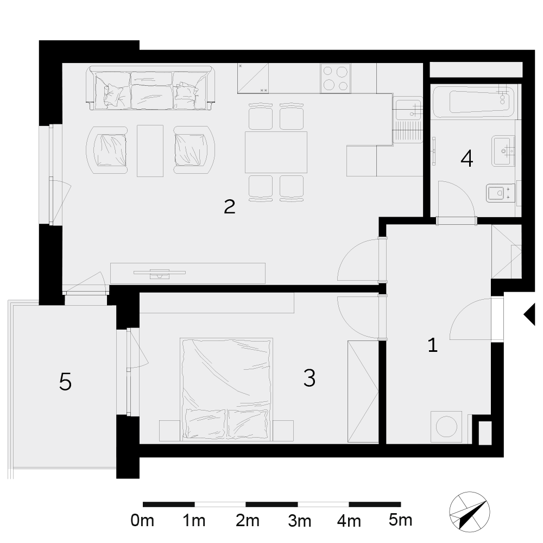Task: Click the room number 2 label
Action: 230,206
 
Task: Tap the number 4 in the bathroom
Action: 467,159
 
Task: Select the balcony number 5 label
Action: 66,381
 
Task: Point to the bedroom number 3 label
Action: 310,377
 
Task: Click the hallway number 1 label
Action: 433,345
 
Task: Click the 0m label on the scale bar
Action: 142,520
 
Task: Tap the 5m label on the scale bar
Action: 401,520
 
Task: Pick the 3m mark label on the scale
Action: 299,520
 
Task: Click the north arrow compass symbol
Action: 469,512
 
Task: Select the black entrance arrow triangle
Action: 529,314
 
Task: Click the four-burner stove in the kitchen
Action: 336,78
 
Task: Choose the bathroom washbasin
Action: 503,150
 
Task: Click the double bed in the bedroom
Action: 226,389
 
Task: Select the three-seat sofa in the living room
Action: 150,88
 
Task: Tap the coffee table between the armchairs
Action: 150,150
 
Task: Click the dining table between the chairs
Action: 276,152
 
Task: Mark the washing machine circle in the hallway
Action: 446,426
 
